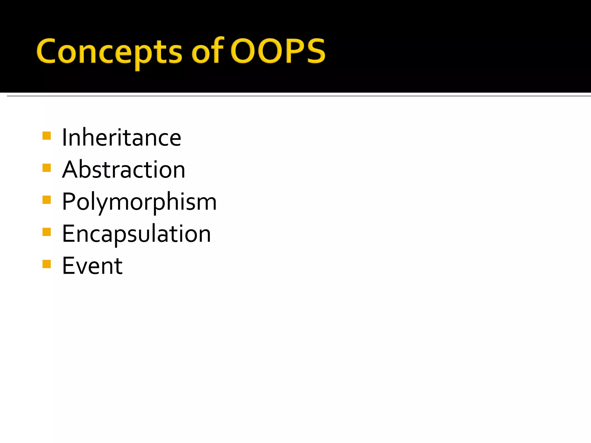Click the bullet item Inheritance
click(121, 138)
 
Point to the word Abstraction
click(124, 170)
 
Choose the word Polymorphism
click(139, 202)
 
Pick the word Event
click(92, 266)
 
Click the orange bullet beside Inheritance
click(46, 136)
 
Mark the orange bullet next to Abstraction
click(46, 168)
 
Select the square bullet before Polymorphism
click(46, 200)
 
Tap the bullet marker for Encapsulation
click(46, 232)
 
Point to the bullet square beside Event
click(46, 264)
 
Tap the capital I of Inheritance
click(64, 138)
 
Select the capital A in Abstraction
click(70, 170)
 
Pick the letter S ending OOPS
click(316, 51)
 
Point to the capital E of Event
click(68, 266)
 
